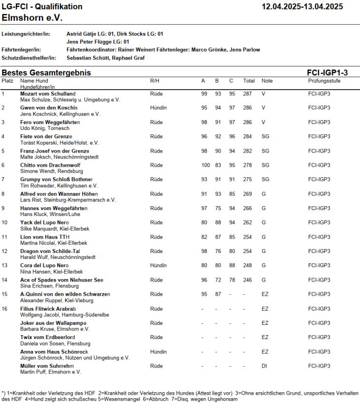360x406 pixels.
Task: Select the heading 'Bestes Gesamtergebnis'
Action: click(x=46, y=73)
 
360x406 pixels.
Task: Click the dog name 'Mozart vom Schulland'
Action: click(x=48, y=94)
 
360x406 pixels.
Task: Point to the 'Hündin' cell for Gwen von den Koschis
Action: click(x=159, y=108)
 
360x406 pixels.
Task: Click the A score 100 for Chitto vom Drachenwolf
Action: click(x=205, y=165)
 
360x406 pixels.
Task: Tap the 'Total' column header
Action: click(x=249, y=80)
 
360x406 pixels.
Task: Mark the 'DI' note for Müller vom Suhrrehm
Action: click(x=264, y=366)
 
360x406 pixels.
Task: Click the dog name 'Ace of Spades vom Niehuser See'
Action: click(x=62, y=280)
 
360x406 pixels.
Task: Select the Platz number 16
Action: click(x=5, y=309)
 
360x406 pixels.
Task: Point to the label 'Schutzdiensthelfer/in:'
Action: click(x=29, y=58)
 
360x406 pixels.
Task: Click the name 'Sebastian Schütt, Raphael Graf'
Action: click(x=105, y=58)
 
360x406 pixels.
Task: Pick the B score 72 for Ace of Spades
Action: click(x=217, y=280)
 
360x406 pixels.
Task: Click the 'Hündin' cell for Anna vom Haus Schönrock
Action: click(x=159, y=352)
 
